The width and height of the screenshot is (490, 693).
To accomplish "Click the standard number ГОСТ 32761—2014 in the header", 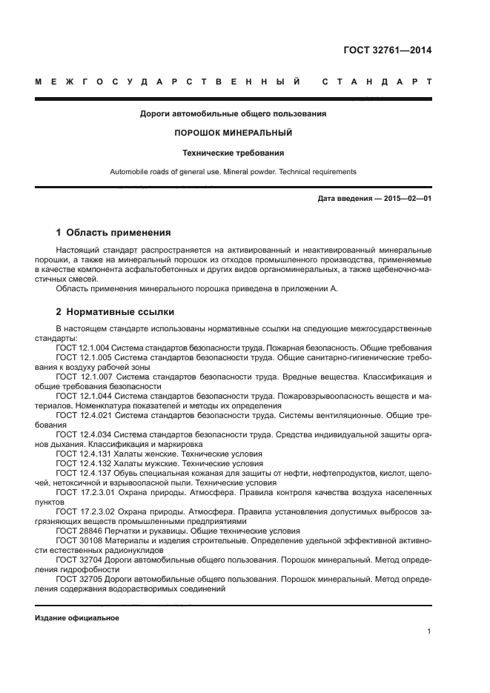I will click(387, 51).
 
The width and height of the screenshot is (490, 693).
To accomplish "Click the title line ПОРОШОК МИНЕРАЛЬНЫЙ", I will click(233, 133).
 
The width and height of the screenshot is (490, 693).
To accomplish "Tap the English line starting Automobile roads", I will click(233, 172).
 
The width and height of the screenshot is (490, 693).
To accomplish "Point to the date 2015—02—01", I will click(407, 199).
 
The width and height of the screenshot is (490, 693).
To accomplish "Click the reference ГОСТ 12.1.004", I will click(82, 348).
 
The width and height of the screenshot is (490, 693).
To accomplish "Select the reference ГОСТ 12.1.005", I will click(82, 357).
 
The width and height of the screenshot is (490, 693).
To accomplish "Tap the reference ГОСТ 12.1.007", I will click(82, 377).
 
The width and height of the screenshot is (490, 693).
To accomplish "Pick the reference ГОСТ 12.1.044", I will click(82, 396).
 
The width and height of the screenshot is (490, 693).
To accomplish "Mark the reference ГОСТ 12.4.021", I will click(82, 415).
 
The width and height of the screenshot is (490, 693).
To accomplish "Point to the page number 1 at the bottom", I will click(429, 631).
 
